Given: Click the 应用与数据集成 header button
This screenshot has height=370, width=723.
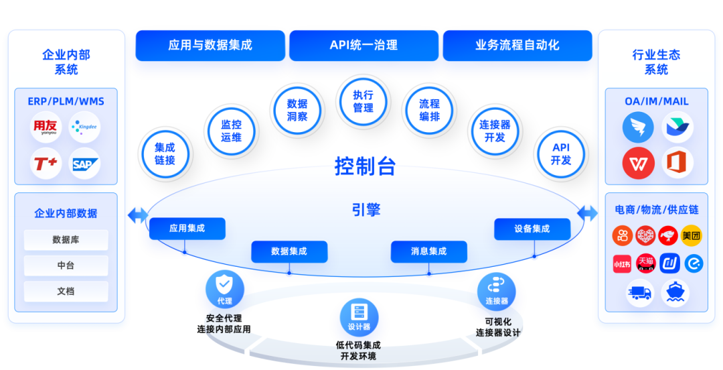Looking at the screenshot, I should click(210, 46).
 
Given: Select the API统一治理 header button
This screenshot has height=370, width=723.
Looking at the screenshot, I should click(364, 46).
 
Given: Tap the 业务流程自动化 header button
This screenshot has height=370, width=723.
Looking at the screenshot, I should click(517, 46).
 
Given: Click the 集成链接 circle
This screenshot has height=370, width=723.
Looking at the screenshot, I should click(165, 154).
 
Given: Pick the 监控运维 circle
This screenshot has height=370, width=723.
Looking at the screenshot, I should click(231, 131).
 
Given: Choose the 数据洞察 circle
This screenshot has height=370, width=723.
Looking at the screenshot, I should click(297, 110).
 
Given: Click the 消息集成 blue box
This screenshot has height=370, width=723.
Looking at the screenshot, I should click(428, 251).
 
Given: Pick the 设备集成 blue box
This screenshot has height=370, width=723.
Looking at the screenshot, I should click(532, 229).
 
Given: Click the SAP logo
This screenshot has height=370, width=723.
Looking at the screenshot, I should click(85, 163).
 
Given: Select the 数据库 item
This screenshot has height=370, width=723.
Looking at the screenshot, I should click(66, 239).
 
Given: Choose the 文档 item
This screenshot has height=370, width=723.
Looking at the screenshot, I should click(66, 292).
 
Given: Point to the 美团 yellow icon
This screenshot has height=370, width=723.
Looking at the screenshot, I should click(691, 236).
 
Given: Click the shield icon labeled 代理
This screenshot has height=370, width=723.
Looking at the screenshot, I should click(224, 288).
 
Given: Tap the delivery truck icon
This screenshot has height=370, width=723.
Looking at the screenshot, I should click(639, 292).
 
